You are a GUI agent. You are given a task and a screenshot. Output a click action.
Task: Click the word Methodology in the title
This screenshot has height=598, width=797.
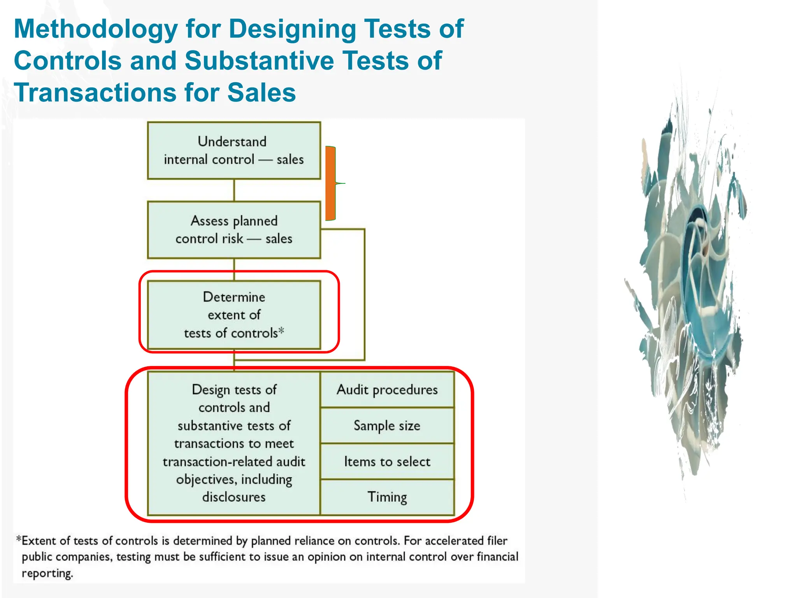[x=96, y=30]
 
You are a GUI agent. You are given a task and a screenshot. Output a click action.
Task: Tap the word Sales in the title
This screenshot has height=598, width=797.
[x=262, y=93]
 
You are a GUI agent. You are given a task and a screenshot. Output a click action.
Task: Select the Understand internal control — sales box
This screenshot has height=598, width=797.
[x=234, y=151]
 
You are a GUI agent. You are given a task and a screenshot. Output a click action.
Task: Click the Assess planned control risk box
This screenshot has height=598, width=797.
[x=234, y=230]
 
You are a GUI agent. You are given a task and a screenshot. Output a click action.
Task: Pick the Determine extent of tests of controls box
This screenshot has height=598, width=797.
[x=234, y=315]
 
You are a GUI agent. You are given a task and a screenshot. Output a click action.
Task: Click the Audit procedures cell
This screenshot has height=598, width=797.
[x=387, y=390]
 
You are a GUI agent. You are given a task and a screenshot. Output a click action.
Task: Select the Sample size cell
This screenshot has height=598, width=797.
[x=387, y=426]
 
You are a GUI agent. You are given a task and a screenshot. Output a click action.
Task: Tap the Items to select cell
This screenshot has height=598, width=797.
[x=387, y=462]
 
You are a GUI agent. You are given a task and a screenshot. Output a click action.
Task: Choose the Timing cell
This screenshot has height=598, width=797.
[x=387, y=497]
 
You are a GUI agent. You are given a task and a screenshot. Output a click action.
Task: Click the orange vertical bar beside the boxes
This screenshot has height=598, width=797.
[x=330, y=183]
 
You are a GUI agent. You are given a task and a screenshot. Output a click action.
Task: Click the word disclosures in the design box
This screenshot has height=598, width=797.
[x=234, y=497]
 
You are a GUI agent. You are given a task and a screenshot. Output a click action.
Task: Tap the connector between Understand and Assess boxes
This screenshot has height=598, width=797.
[x=234, y=190]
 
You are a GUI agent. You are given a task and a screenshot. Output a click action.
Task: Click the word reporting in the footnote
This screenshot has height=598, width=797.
[x=47, y=573]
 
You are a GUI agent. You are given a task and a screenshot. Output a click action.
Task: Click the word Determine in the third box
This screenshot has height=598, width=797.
[x=234, y=297]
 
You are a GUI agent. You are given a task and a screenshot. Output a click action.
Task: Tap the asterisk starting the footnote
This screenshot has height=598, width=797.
[x=18, y=539]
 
